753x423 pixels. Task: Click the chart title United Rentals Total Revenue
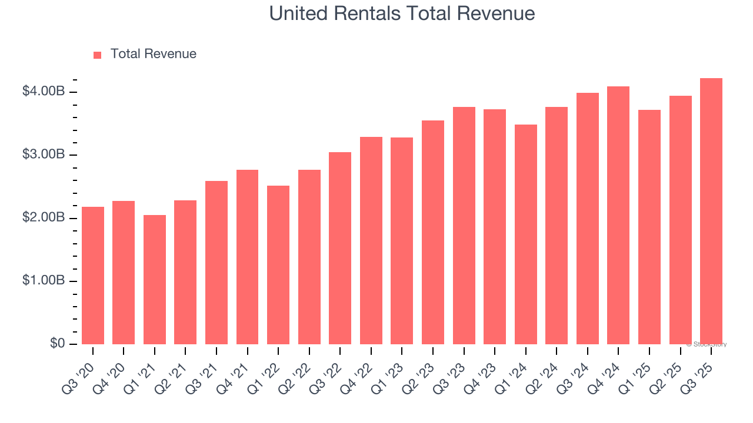(x=402, y=14)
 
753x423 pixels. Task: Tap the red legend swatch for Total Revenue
(x=98, y=55)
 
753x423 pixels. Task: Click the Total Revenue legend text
(x=153, y=54)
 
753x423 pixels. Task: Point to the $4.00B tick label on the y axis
(x=44, y=92)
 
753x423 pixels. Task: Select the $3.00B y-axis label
(x=44, y=155)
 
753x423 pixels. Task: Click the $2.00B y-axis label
(x=44, y=218)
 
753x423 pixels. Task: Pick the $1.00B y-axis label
(x=44, y=281)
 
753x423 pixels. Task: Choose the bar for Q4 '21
(x=247, y=257)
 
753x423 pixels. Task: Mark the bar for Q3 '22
(x=340, y=248)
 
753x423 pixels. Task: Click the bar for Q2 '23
(x=432, y=232)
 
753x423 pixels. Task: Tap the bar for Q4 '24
(x=618, y=215)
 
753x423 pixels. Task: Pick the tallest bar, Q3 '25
(x=711, y=211)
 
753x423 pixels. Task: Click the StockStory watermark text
(x=707, y=344)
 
